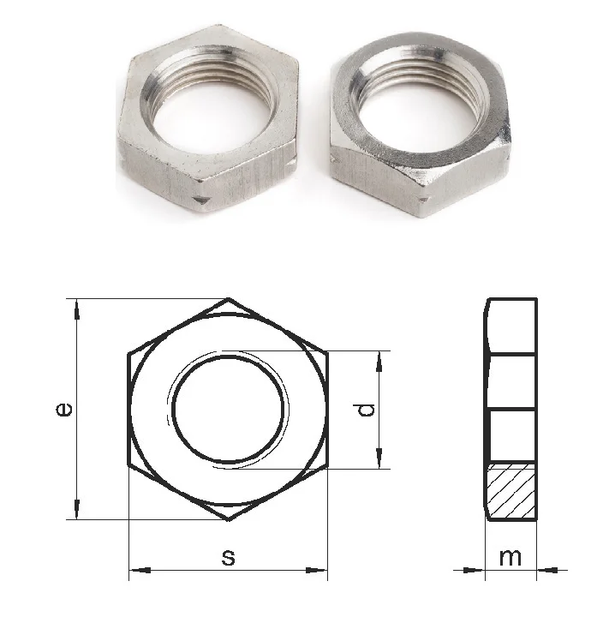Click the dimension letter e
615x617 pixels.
click(64, 410)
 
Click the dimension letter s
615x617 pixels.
click(228, 557)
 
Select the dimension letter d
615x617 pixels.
click(367, 410)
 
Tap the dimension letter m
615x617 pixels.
click(511, 557)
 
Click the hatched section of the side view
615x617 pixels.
click(511, 490)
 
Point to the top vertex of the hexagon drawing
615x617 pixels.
click(229, 299)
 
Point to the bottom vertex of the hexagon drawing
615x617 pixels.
click(229, 520)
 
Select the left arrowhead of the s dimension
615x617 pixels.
click(140, 570)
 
